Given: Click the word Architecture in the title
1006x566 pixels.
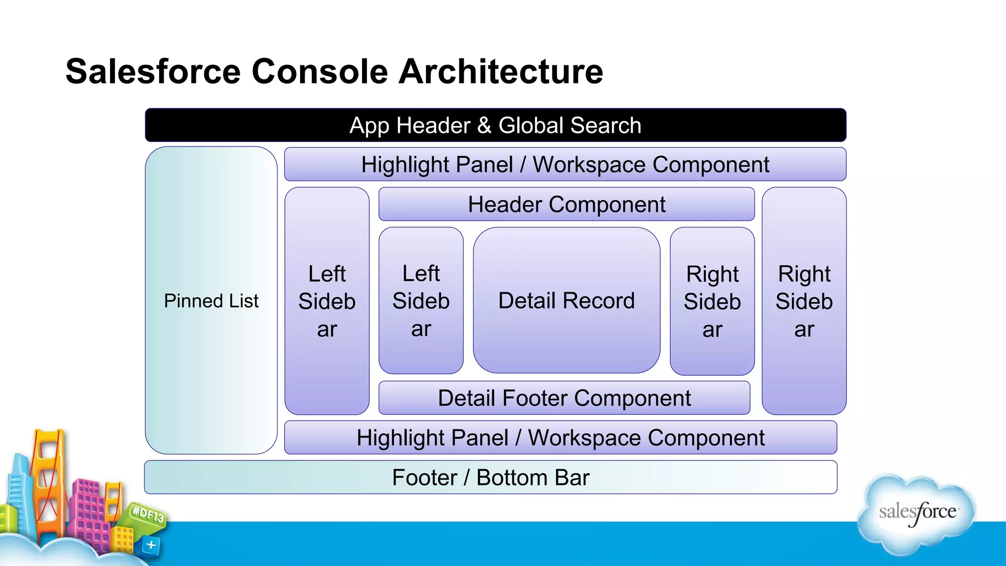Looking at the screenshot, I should click(x=501, y=72).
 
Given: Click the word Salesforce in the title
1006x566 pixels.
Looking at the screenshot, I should click(x=153, y=72).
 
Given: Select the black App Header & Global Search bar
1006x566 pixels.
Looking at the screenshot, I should click(x=495, y=125).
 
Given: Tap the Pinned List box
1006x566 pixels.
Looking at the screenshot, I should click(x=211, y=300).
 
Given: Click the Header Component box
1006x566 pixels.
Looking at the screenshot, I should click(x=566, y=204).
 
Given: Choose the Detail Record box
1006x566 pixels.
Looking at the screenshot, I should click(x=566, y=300).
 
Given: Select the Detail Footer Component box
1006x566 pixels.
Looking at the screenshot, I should click(x=564, y=398).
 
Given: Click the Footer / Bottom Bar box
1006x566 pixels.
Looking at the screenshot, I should click(x=490, y=477).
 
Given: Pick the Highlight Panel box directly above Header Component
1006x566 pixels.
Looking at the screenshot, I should click(x=565, y=165).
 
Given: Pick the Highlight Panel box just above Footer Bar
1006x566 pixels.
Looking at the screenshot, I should click(x=560, y=437).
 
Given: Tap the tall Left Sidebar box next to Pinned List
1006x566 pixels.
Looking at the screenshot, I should click(x=327, y=301).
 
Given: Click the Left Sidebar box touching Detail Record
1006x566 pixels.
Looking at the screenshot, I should click(x=421, y=300).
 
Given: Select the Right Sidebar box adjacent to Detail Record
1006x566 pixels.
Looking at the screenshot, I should click(x=712, y=301).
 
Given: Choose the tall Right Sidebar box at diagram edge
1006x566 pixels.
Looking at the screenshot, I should click(x=804, y=301).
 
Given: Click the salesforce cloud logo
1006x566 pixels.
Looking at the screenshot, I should click(x=917, y=514).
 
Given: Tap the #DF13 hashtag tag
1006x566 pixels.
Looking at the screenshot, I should click(x=148, y=514).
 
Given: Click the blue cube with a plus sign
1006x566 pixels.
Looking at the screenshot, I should click(x=151, y=545).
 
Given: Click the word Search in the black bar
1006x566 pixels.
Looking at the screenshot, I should click(x=605, y=125).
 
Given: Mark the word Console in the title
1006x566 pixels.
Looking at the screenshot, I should click(x=320, y=72).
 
